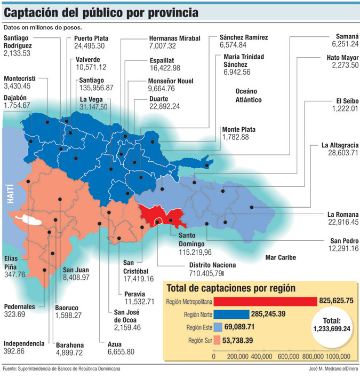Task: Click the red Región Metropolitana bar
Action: (265, 301)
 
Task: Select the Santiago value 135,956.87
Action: (94, 88)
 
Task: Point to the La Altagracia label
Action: (339, 145)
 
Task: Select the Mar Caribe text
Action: (281, 257)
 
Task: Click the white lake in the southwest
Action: (27, 219)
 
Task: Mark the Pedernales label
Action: (20, 307)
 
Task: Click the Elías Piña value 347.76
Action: (14, 274)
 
